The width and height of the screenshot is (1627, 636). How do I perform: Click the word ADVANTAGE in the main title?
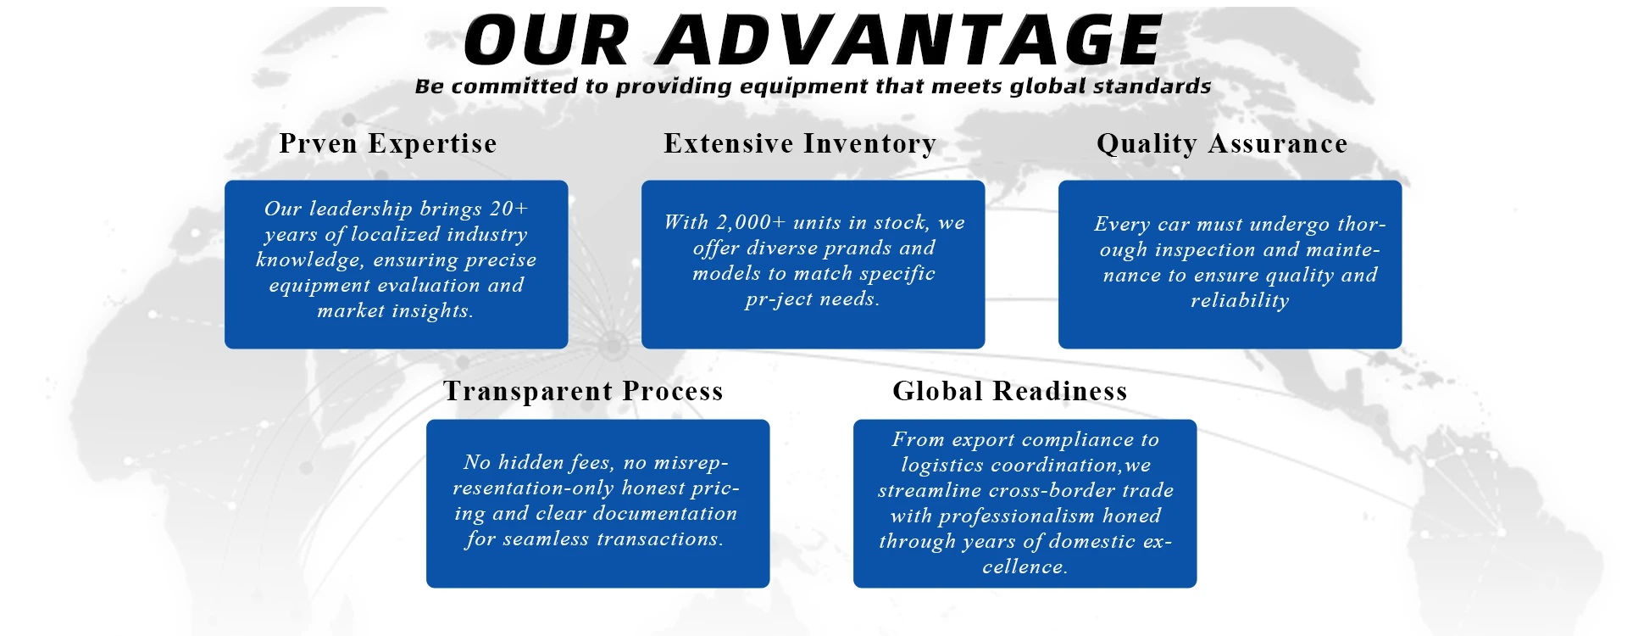click(909, 40)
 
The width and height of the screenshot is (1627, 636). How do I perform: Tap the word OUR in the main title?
click(547, 40)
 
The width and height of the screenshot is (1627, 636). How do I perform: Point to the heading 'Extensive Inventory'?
click(800, 143)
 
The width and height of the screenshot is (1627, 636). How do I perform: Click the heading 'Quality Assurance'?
click(1222, 143)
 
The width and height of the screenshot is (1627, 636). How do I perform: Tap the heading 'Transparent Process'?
click(583, 391)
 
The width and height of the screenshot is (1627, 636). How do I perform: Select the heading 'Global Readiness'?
click(1010, 391)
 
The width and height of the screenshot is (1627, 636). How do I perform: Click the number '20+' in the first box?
click(508, 209)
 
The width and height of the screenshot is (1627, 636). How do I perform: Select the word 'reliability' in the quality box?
click(1240, 300)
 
